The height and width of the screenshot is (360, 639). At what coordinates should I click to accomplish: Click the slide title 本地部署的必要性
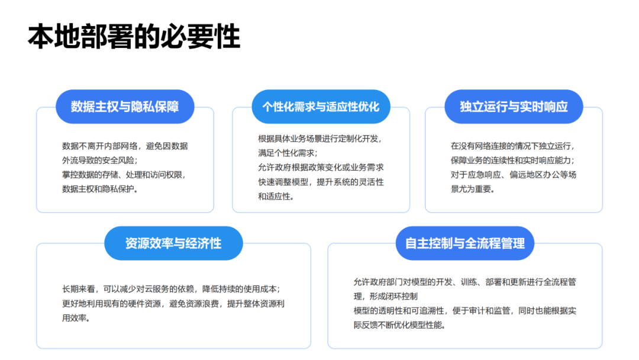tap(134, 37)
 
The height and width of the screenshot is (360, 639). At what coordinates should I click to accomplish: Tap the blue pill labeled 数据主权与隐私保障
tap(125, 107)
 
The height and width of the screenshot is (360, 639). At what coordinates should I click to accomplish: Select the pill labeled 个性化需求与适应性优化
tap(321, 107)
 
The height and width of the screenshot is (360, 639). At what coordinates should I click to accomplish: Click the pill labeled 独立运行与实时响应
tap(514, 107)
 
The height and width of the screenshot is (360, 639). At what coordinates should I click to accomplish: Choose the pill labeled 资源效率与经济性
tap(173, 243)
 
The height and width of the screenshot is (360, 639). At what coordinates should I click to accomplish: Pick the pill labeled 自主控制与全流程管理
tap(465, 243)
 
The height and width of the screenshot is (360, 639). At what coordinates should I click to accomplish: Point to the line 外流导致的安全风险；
tap(100, 160)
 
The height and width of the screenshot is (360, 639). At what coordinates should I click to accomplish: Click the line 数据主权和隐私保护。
tap(100, 189)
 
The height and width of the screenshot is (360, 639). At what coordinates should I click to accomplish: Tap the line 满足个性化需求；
tap(288, 153)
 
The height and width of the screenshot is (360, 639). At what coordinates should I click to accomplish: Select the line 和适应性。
tap(276, 197)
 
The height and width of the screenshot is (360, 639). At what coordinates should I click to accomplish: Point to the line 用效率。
tap(76, 318)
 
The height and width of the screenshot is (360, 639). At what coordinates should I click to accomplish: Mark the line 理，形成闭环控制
tap(386, 297)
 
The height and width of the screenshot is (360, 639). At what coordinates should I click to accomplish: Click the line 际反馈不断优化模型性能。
tap(400, 325)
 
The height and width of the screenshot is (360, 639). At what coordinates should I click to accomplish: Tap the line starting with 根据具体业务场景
tap(321, 139)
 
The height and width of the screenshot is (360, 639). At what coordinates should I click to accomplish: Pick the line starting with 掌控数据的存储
tap(125, 175)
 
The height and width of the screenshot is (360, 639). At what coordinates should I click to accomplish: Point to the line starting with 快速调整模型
tap(321, 182)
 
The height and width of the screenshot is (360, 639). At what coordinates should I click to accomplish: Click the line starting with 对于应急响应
tap(514, 175)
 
